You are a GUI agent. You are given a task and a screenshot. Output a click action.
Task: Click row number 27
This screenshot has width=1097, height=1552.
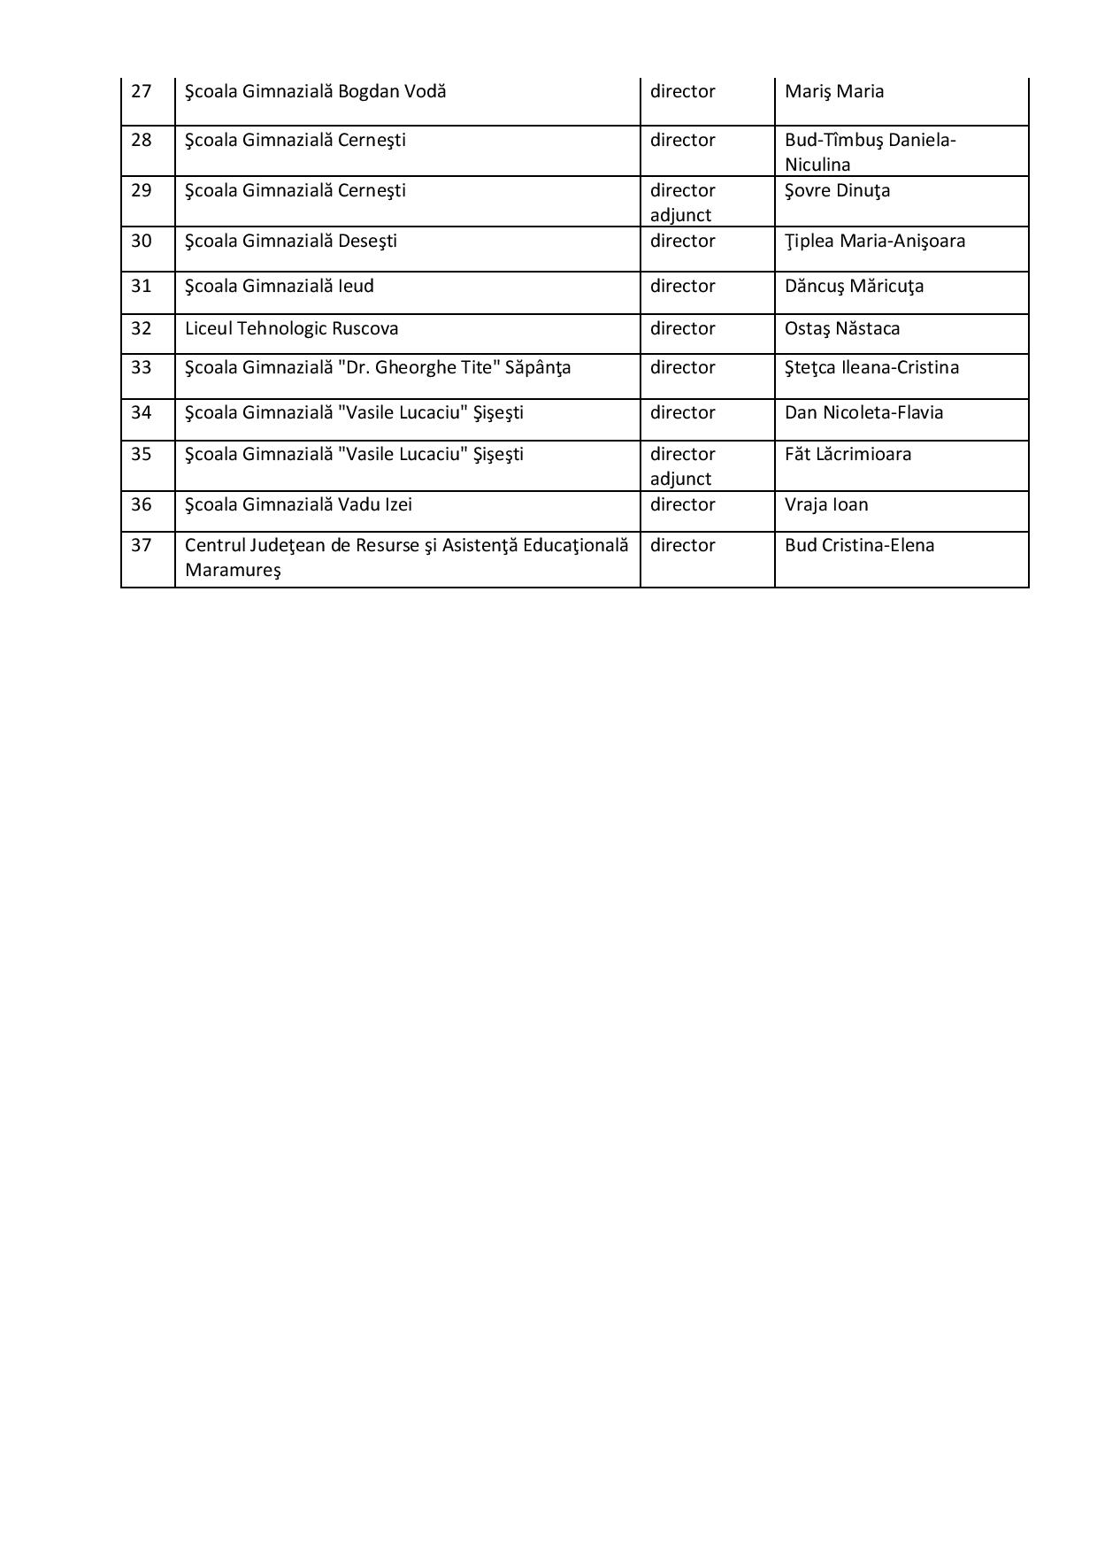[x=142, y=91]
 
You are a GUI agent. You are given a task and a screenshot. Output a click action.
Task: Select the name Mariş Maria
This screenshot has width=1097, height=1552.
[x=833, y=91]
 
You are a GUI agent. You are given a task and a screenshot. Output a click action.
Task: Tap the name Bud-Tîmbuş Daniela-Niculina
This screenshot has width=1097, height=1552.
[x=870, y=152]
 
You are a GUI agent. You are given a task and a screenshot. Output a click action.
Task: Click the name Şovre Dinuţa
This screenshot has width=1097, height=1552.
[x=837, y=191]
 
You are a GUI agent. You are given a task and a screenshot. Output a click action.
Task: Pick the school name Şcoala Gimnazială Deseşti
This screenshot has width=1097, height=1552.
[x=290, y=241]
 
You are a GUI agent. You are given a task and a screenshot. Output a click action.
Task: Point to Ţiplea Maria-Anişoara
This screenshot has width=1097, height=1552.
[x=874, y=241]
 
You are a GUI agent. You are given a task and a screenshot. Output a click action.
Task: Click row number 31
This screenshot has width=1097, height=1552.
[x=142, y=286]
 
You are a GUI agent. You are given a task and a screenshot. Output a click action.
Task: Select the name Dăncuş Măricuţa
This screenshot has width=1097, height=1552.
[x=854, y=286]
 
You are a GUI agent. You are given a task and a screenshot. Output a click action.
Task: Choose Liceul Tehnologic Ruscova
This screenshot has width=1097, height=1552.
[x=291, y=328]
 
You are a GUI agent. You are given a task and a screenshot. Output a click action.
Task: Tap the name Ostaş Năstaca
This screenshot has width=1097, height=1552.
[x=841, y=328]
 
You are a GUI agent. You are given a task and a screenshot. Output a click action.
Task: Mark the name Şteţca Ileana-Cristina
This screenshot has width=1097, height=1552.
[x=871, y=367]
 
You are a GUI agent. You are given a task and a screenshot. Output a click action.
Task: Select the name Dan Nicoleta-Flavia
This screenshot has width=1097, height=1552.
[x=863, y=412]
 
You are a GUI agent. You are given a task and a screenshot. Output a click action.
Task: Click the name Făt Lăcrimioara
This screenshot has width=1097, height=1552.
[x=848, y=454]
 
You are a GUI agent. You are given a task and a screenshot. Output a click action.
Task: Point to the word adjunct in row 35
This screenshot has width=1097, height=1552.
[x=680, y=479]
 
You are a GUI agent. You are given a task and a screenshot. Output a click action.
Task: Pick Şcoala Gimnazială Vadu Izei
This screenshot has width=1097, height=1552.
[x=298, y=504]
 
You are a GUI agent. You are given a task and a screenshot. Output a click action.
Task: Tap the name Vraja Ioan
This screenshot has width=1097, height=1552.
[x=826, y=504]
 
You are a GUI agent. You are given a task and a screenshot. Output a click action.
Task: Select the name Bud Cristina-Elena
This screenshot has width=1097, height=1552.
[x=859, y=545]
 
